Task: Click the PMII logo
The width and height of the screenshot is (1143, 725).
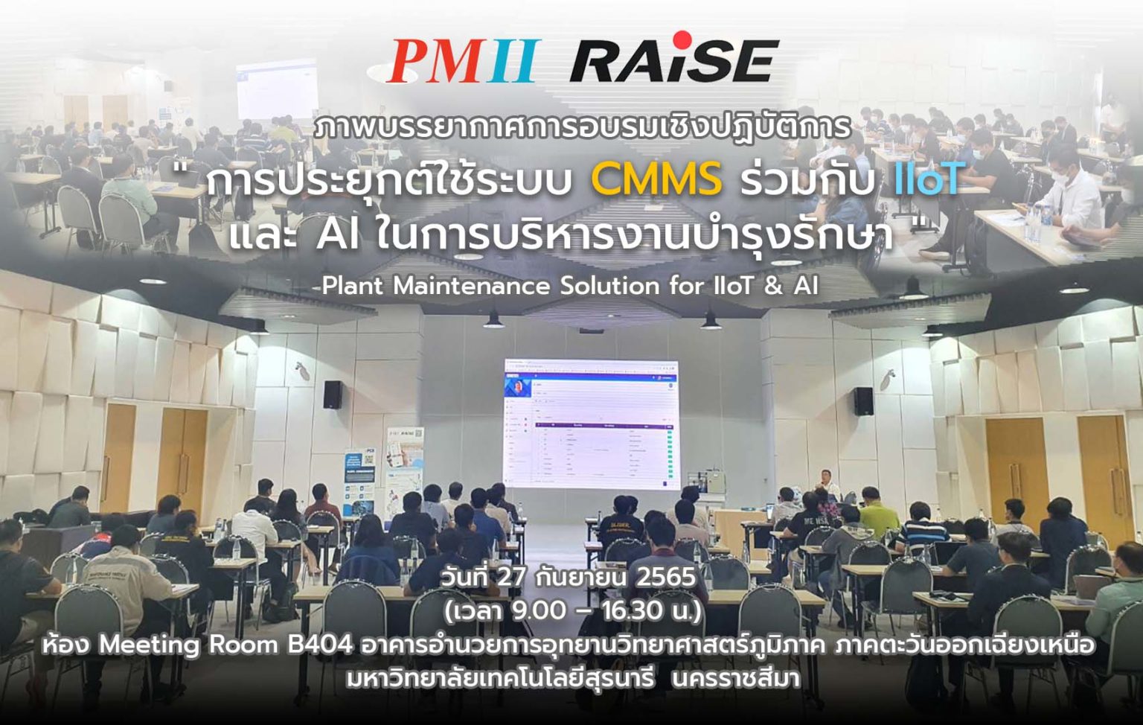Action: click(x=461, y=61)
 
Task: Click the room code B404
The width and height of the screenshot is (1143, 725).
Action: click(x=320, y=645)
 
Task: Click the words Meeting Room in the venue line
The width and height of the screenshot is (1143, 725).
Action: click(x=189, y=645)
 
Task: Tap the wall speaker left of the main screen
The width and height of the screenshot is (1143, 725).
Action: click(x=333, y=395)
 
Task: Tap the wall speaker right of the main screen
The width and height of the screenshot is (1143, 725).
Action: click(x=863, y=401)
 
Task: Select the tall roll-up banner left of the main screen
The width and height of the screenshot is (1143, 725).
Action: click(x=404, y=465)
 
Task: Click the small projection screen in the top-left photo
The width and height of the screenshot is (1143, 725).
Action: click(x=277, y=88)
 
